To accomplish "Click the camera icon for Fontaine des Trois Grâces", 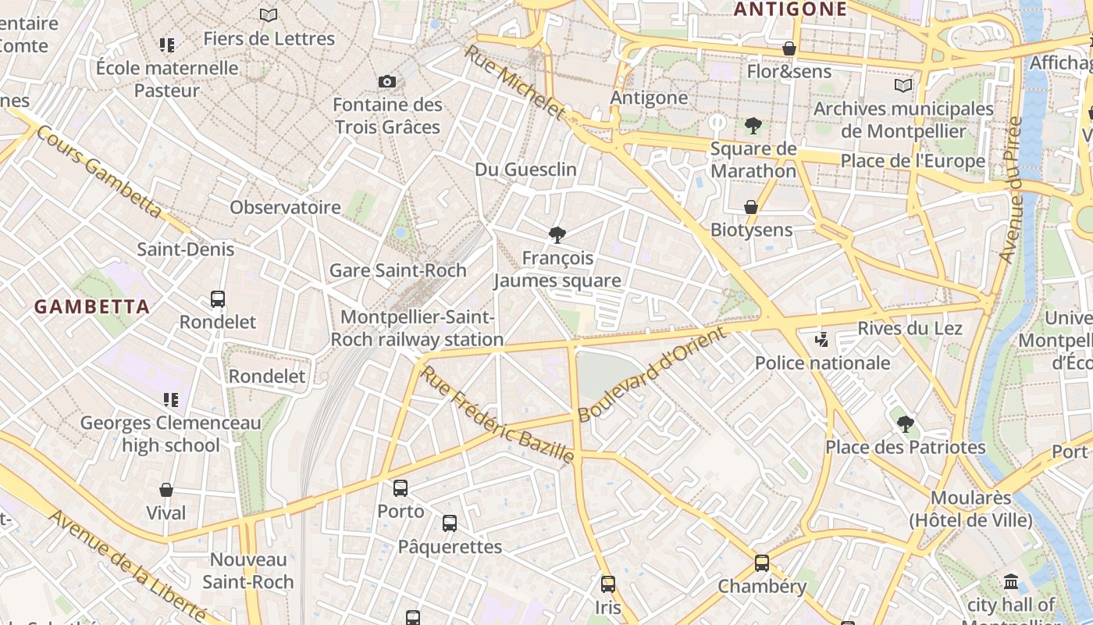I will [386, 81].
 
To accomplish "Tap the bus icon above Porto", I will [401, 488].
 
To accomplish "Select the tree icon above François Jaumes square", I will [557, 234].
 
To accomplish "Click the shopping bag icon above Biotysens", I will [751, 207].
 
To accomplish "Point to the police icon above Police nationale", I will [821, 339].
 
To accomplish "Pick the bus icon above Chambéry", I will [762, 562].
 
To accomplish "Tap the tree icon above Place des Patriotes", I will [906, 424].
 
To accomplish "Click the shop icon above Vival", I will [166, 490].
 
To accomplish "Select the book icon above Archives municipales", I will [903, 85].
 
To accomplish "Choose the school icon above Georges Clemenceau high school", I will [171, 400].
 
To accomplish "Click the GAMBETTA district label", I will [91, 307].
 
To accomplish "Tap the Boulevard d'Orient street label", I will [653, 374].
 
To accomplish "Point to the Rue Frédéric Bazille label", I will [498, 414].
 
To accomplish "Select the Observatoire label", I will [285, 207].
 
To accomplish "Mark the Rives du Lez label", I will [910, 328].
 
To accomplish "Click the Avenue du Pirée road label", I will [1011, 190].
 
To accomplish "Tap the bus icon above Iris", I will [608, 584].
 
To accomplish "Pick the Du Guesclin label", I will [525, 170].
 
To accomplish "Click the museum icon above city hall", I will [1011, 582].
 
